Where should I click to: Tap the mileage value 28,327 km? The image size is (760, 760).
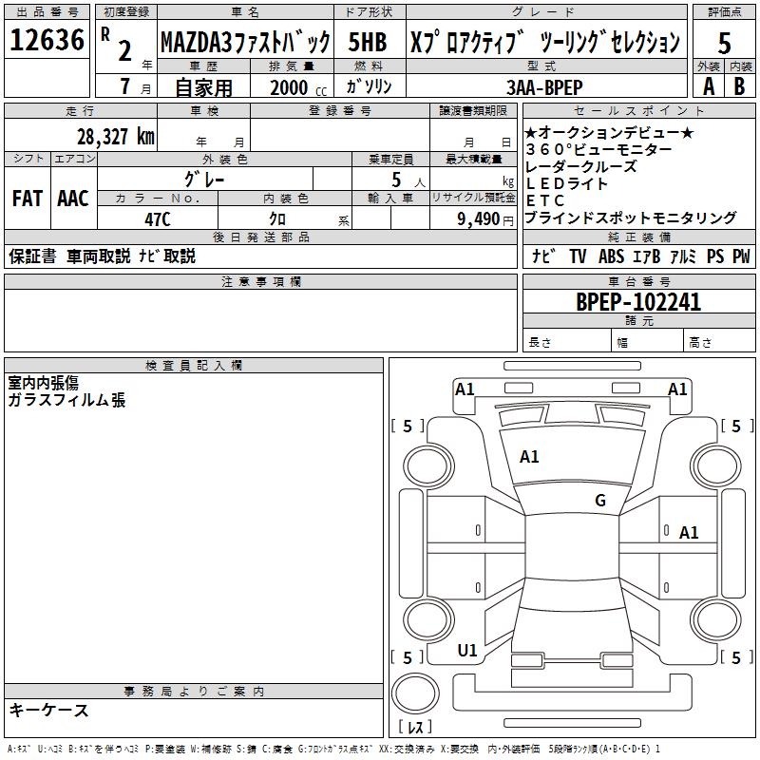tap(115, 136)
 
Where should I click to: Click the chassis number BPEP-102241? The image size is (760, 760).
tap(638, 302)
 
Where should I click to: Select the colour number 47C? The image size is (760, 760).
tap(157, 218)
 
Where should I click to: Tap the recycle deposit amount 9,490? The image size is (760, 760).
tap(471, 218)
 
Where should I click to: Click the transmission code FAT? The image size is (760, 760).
tap(27, 199)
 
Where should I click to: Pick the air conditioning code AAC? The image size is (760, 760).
tap(73, 199)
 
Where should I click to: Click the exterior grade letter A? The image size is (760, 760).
tap(708, 85)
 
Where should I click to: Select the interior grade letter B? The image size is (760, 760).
tap(740, 85)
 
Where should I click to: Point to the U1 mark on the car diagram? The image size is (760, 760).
tap(466, 651)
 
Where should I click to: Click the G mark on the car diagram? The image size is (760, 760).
tap(600, 501)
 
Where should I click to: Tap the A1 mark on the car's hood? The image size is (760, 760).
tap(529, 457)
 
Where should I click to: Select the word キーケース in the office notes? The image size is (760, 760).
tap(48, 710)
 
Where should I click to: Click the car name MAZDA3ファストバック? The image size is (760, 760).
tap(245, 42)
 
